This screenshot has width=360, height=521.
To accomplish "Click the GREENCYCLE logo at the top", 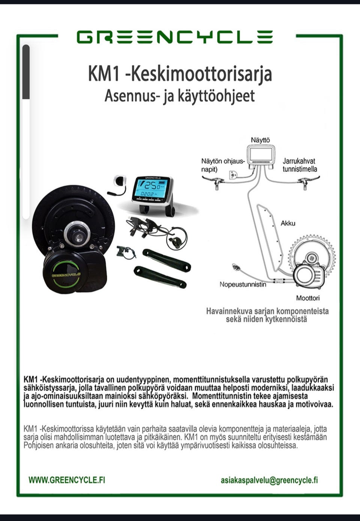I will (x=174, y=37).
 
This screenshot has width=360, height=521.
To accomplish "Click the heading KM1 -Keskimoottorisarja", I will (x=180, y=74).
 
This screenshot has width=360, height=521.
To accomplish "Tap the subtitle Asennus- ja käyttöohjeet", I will (x=180, y=96).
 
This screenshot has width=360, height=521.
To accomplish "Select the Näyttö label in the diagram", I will (x=260, y=140).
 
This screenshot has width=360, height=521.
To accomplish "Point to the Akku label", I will (x=288, y=223).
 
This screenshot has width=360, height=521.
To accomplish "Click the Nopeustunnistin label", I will (x=243, y=284).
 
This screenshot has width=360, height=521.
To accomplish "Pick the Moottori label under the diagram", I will (x=307, y=298).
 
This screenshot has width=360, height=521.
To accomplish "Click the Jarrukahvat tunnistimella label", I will (x=300, y=165).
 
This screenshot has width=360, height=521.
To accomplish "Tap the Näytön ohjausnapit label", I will (x=222, y=165).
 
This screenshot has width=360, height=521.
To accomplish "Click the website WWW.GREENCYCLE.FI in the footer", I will (x=67, y=480).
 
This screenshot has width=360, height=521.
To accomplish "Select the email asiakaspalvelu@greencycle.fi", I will (x=269, y=480).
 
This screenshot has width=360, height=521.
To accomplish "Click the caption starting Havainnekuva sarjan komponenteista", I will (x=267, y=315).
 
